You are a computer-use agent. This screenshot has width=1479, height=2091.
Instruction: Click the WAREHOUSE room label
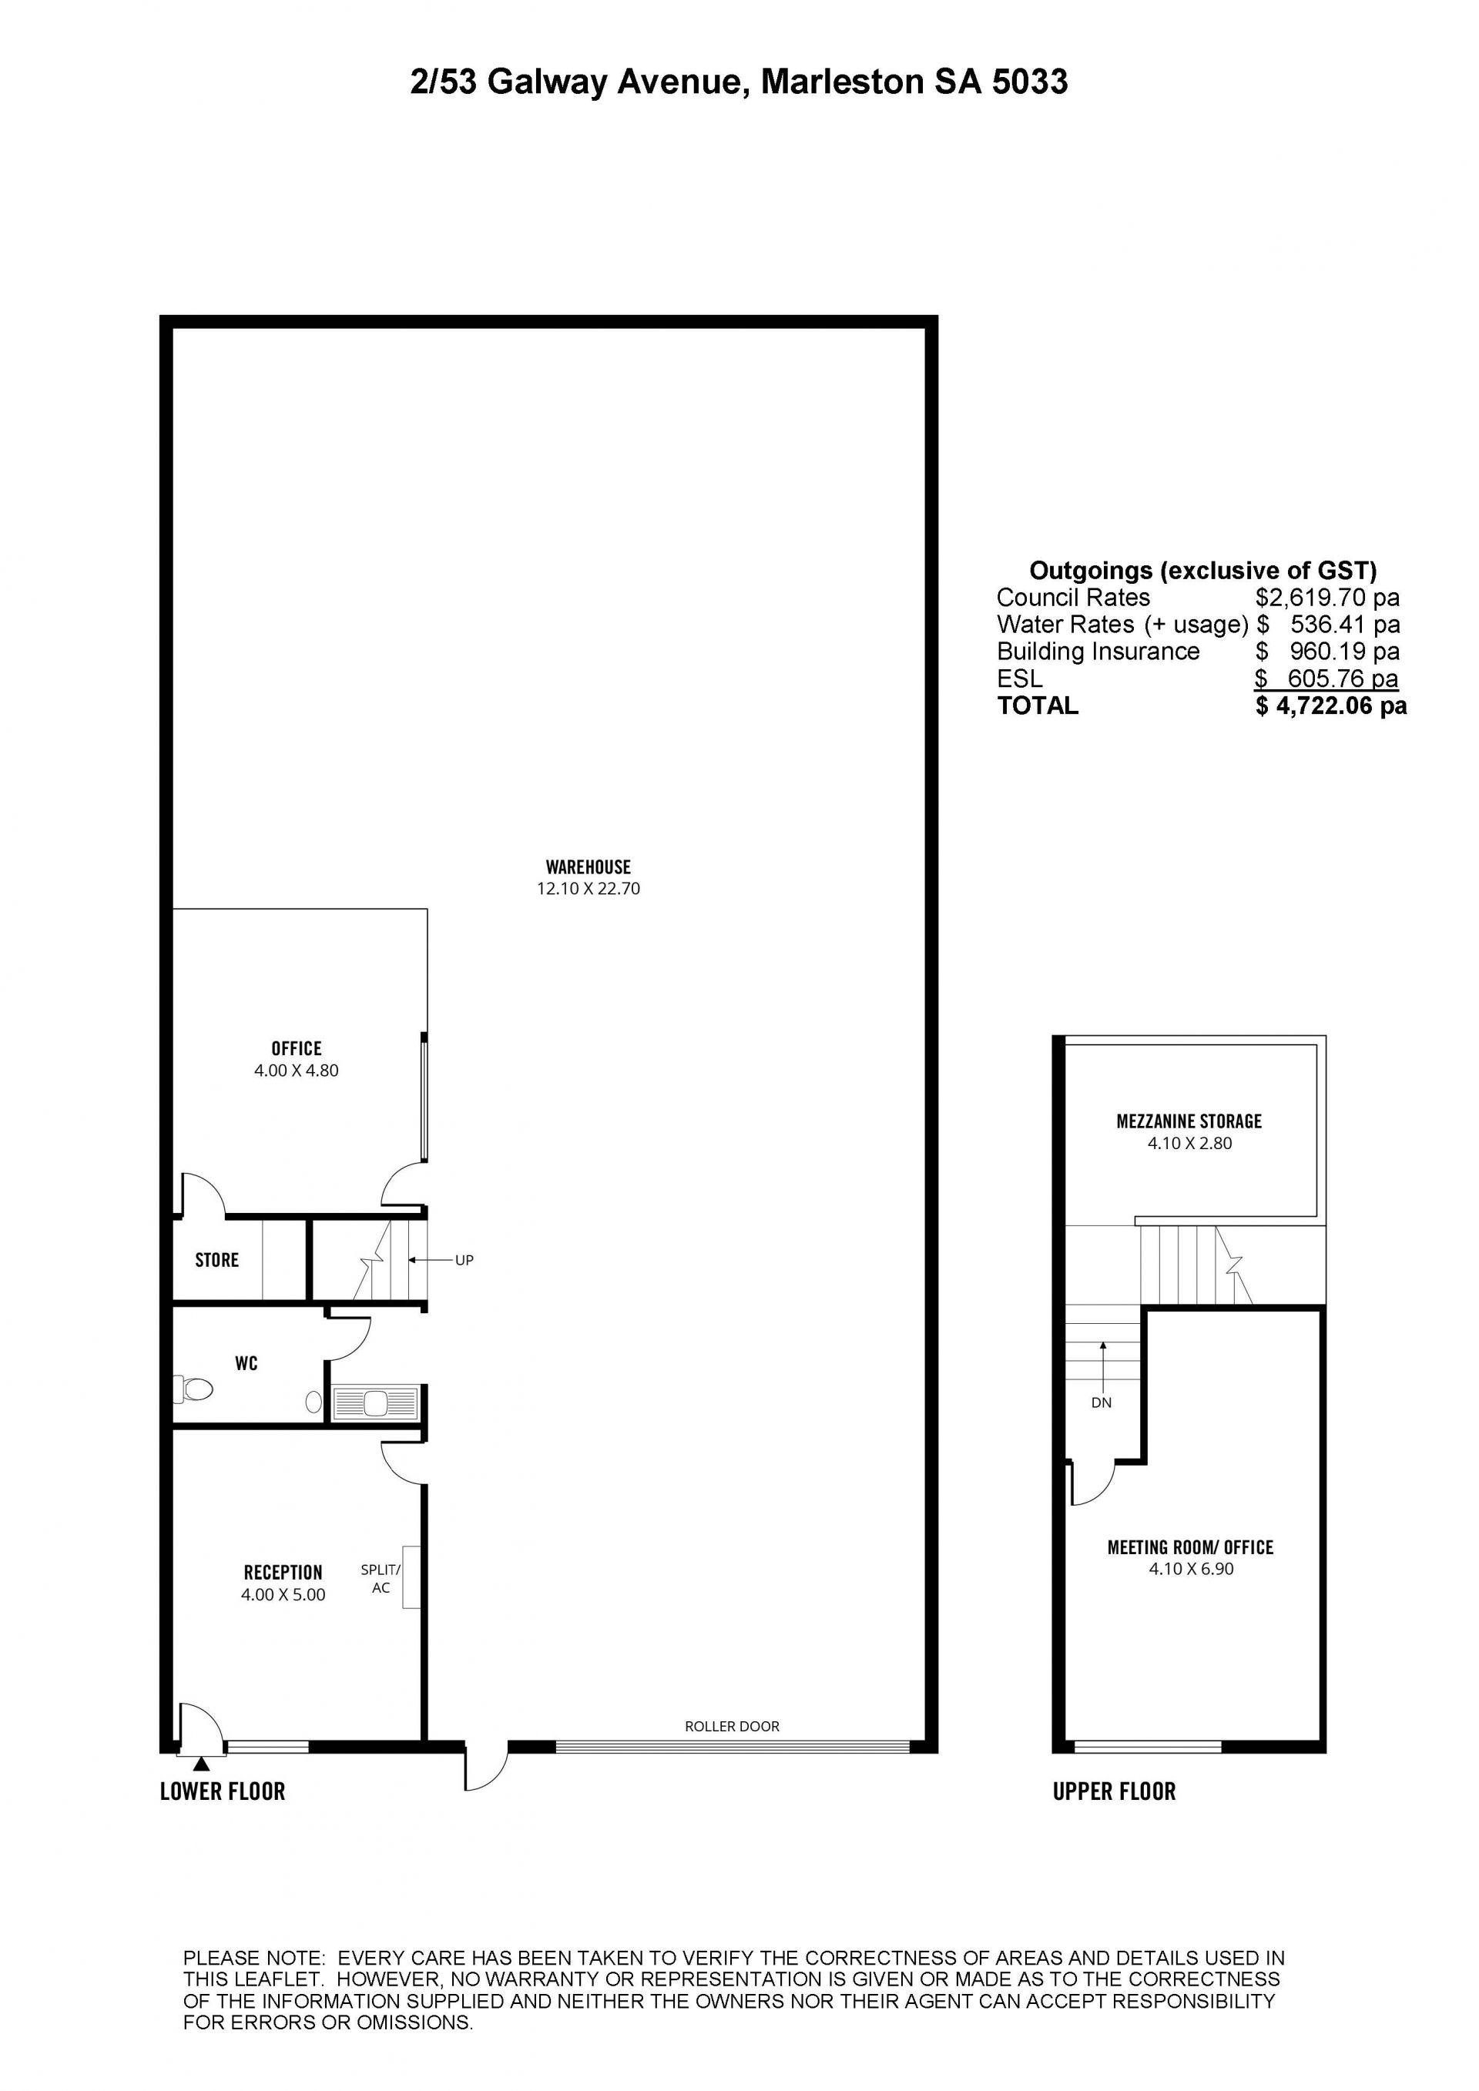589,867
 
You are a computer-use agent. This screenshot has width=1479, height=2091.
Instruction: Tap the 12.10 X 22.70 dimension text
589,889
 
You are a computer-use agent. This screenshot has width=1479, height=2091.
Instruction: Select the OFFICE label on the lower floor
296,1049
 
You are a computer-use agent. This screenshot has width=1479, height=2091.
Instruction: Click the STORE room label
216,1261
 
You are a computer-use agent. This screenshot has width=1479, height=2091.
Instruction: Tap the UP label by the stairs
464,1261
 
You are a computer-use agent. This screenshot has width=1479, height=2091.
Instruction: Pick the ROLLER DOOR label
733,1726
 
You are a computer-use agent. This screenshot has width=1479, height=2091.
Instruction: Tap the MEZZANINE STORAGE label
1189,1122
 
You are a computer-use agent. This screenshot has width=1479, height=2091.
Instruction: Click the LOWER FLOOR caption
223,1791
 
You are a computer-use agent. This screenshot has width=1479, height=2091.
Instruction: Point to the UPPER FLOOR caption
1115,1791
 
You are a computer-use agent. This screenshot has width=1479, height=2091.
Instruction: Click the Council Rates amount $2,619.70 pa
1328,598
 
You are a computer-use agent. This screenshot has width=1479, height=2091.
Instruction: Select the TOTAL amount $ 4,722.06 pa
1331,705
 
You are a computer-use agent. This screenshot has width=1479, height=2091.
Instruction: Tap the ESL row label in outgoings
1019,679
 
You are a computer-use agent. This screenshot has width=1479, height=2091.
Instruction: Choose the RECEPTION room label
283,1573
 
